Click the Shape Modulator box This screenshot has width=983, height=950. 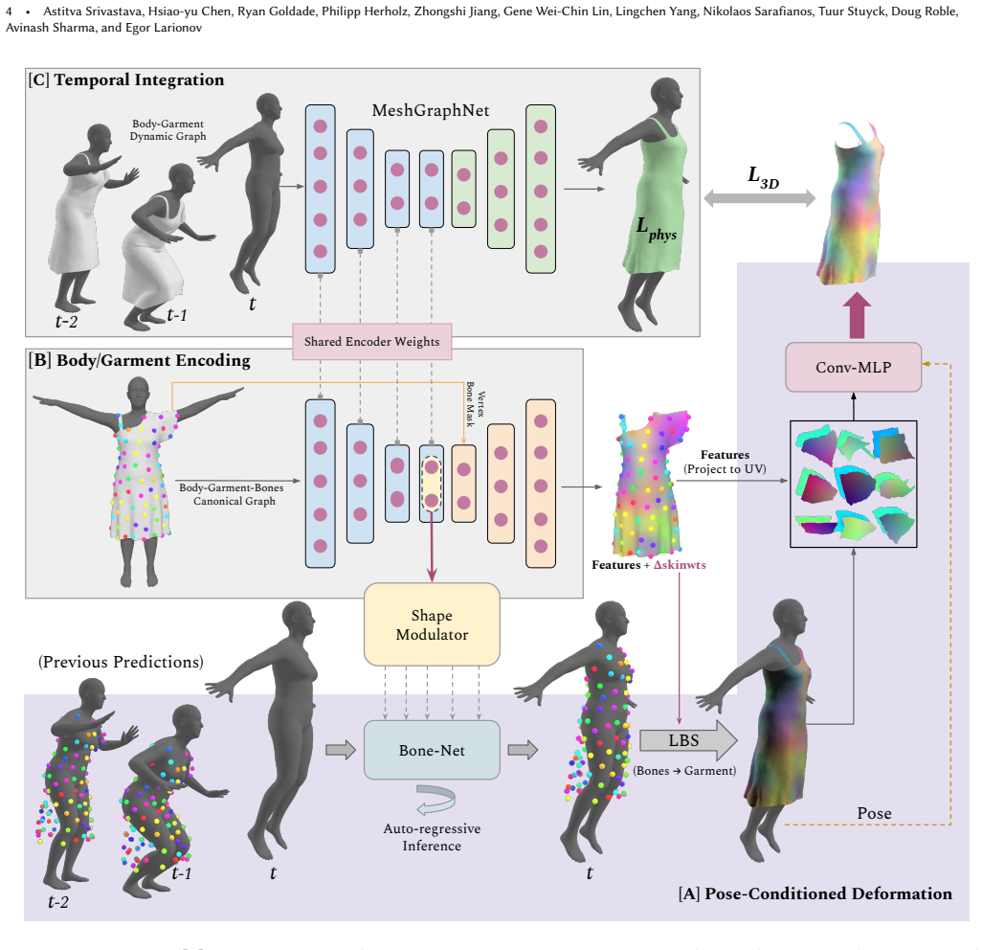pyautogui.click(x=432, y=624)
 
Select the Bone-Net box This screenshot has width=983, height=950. pyautogui.click(x=432, y=750)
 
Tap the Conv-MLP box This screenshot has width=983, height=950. pyautogui.click(x=853, y=368)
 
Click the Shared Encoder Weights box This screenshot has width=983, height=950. pyautogui.click(x=371, y=342)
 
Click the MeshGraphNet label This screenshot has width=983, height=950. pyautogui.click(x=431, y=110)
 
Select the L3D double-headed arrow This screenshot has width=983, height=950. pyautogui.click(x=759, y=199)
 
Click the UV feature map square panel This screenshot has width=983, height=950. pyautogui.click(x=853, y=484)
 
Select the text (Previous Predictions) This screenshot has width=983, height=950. pyautogui.click(x=121, y=662)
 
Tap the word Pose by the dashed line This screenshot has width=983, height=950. pyautogui.click(x=874, y=813)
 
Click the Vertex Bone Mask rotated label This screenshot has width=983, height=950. pyautogui.click(x=475, y=404)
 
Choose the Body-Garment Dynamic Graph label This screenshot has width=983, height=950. pyautogui.click(x=168, y=130)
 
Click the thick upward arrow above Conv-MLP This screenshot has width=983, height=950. pyautogui.click(x=857, y=317)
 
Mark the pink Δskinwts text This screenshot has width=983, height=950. pyautogui.click(x=680, y=565)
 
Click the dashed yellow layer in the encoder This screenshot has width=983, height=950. pyautogui.click(x=432, y=484)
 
